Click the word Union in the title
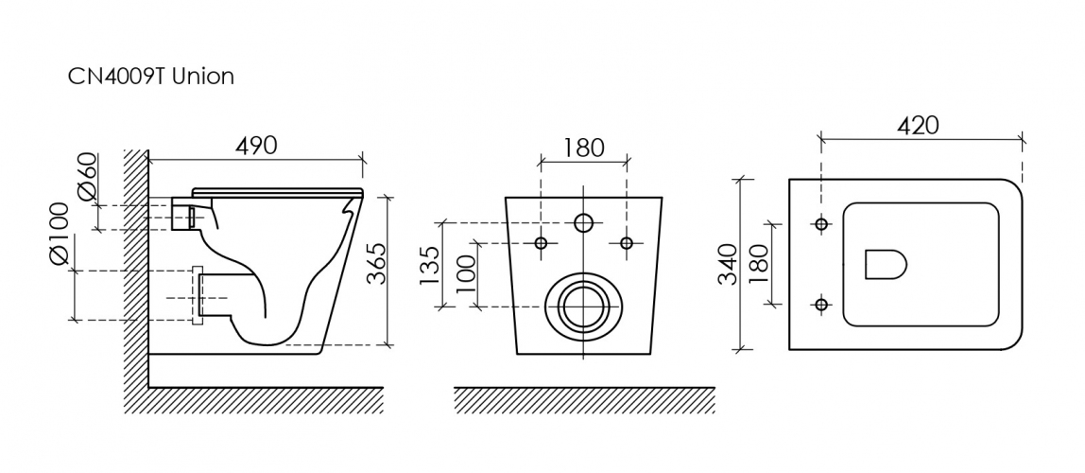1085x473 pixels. click(x=203, y=77)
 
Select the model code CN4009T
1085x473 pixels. click(x=116, y=77)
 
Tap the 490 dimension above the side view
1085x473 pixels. click(x=256, y=146)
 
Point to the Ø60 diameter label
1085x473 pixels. click(x=88, y=177)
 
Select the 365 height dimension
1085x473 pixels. click(x=376, y=264)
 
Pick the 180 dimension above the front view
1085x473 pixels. click(x=583, y=148)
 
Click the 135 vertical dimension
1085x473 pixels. click(x=429, y=265)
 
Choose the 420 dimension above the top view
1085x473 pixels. click(x=919, y=126)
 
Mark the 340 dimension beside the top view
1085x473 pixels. click(x=727, y=264)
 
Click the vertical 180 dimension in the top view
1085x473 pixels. click(x=758, y=264)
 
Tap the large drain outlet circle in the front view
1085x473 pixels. click(x=584, y=307)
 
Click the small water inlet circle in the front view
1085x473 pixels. click(x=584, y=223)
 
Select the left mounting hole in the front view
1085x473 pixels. click(x=542, y=243)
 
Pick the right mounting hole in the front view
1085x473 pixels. click(x=627, y=243)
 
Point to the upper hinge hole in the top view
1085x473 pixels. click(x=821, y=223)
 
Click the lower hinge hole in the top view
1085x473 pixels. click(x=821, y=304)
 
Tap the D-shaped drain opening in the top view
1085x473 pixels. click(x=886, y=264)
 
